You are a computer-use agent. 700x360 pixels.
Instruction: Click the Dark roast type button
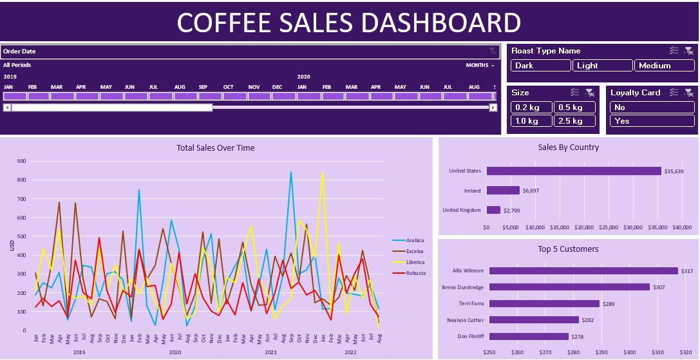tap(540, 66)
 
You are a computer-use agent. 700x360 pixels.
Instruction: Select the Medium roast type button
tap(664, 66)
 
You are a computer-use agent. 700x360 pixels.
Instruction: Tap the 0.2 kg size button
tap(531, 108)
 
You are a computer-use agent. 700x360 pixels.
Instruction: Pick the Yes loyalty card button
tap(652, 121)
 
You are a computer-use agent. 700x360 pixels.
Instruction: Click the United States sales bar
tap(574, 171)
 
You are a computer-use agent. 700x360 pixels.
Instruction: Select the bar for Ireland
tap(503, 191)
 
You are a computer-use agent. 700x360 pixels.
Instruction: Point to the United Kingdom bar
tap(493, 210)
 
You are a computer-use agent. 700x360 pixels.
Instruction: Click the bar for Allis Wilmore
tap(583, 271)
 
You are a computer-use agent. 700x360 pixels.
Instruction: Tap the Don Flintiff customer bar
tap(529, 336)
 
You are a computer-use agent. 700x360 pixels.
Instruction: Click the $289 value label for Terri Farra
tap(609, 304)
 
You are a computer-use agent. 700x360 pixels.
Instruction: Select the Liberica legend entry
tap(415, 262)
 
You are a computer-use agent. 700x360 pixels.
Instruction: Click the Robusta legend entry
tap(415, 274)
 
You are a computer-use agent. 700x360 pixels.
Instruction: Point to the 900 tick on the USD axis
tap(21, 162)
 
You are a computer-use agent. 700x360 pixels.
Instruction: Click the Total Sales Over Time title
tap(215, 148)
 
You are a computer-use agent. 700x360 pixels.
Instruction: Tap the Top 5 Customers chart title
tap(568, 249)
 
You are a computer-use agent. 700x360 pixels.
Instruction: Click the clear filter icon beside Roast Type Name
tap(688, 51)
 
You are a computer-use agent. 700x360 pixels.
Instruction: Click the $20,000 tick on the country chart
tap(583, 227)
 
